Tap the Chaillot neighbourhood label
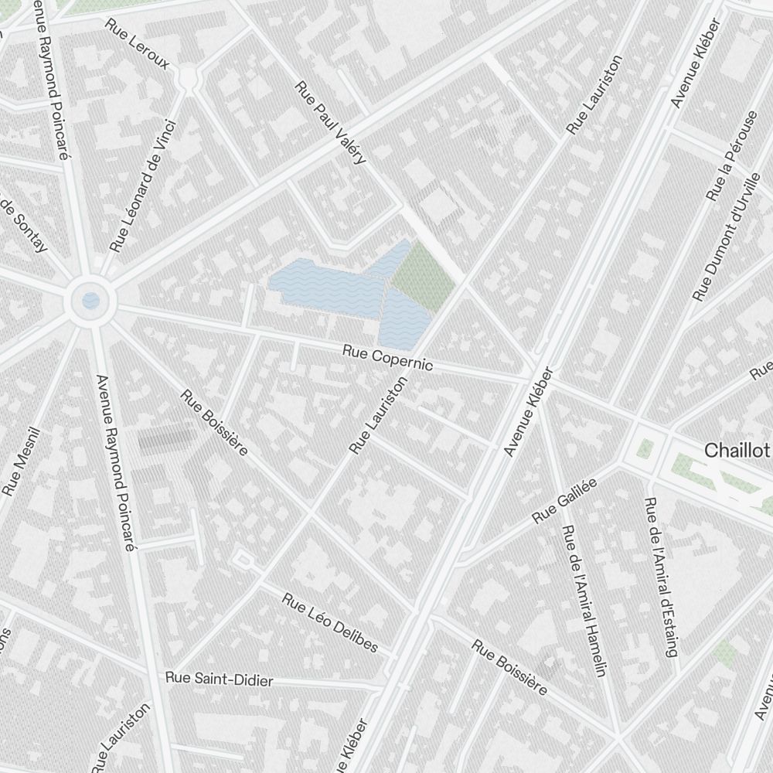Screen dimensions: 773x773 pos(737,451)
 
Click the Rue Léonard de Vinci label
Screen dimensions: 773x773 pos(143,186)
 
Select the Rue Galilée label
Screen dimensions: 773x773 pos(565,500)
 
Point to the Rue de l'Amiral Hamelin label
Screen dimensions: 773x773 pos(584,601)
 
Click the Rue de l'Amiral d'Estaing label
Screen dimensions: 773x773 pos(662,576)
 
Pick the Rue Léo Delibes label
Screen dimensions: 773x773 pos(330,622)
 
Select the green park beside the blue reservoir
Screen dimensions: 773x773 pos(421,277)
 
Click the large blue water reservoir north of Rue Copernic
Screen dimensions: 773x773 pos(329,292)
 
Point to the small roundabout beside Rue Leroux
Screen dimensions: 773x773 pos(187,77)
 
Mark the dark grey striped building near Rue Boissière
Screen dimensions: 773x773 pos(165,439)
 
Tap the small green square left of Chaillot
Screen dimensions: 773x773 pos(645,448)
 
